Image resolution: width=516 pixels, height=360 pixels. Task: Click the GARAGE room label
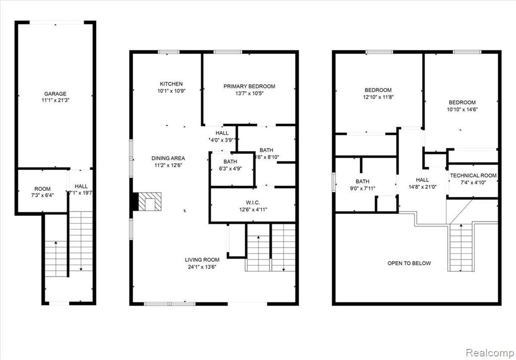click(55, 94)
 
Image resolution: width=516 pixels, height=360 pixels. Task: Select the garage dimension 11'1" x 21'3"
click(55, 100)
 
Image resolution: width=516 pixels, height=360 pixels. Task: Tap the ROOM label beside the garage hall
click(42, 189)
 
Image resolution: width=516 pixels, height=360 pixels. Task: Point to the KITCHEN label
click(171, 84)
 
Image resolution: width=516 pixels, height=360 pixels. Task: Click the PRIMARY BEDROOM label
click(249, 87)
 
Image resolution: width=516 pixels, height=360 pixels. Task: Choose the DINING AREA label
click(168, 158)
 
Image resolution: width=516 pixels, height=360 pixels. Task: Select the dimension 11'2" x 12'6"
click(168, 165)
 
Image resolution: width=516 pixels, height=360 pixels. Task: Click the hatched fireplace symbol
click(150, 201)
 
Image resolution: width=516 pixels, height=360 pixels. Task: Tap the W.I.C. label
click(253, 202)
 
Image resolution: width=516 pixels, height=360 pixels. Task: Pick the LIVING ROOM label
click(202, 260)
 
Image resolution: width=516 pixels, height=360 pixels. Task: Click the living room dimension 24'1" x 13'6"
click(202, 267)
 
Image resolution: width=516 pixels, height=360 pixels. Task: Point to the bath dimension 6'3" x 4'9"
click(230, 169)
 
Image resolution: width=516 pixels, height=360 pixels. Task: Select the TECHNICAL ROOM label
click(473, 176)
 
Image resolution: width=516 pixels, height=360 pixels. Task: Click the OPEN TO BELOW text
click(409, 263)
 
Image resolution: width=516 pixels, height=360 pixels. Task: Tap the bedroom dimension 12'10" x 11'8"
click(378, 97)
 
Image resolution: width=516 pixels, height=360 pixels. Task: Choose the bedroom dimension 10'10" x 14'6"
click(462, 109)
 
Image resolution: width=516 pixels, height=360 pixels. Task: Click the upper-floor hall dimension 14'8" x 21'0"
click(422, 187)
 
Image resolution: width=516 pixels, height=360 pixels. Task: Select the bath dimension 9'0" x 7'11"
click(362, 188)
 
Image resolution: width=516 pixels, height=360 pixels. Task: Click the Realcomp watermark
click(489, 353)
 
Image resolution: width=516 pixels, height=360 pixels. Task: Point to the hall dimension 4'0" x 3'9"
click(222, 140)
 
